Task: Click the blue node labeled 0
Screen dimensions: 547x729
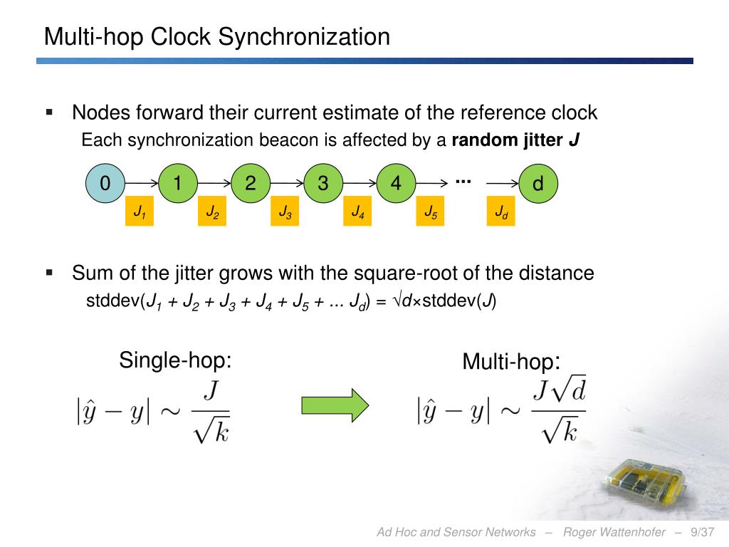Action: click(105, 184)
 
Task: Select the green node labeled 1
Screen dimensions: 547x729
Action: click(178, 184)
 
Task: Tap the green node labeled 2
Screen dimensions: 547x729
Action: click(251, 184)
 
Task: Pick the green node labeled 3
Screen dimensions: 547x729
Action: click(323, 184)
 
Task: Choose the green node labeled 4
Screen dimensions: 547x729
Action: click(396, 184)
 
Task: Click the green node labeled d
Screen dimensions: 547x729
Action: click(538, 184)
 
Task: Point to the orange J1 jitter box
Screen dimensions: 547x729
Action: click(140, 212)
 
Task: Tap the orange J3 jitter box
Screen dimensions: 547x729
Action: click(285, 212)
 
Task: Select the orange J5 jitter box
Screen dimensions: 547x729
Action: click(430, 212)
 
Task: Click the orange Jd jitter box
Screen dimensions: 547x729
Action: click(501, 212)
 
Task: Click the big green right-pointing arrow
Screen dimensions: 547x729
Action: click(335, 405)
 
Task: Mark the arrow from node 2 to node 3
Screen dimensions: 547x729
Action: click(287, 184)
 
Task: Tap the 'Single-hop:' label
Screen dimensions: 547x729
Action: click(176, 360)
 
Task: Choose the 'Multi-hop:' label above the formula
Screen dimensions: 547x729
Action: click(511, 362)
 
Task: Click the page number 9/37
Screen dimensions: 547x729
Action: click(701, 532)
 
